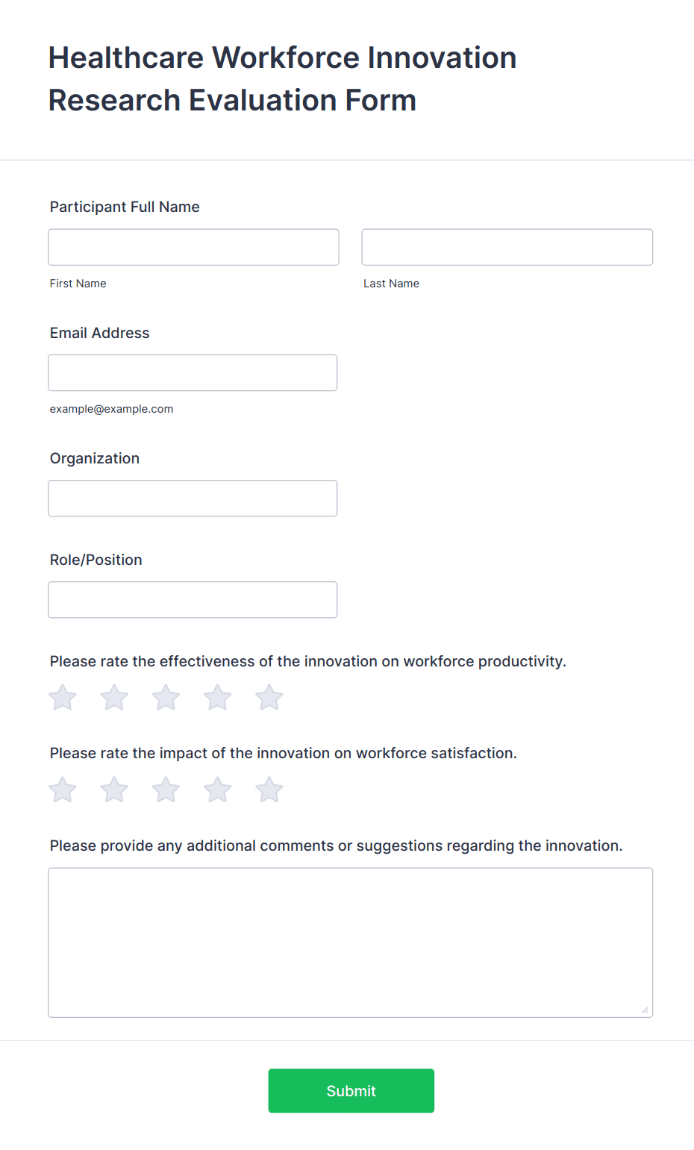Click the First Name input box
click(193, 247)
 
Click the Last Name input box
click(507, 247)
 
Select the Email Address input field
click(193, 372)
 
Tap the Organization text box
click(193, 498)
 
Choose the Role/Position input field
click(193, 599)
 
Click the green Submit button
click(351, 1090)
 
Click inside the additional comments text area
click(350, 942)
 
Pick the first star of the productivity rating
click(63, 698)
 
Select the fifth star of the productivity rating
click(269, 698)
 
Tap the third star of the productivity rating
click(166, 698)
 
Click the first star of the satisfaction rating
click(63, 790)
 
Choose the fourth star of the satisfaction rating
click(218, 790)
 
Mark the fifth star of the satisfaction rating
click(269, 790)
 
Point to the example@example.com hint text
click(111, 409)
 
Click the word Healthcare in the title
click(126, 57)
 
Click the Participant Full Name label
click(125, 207)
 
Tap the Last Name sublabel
click(391, 284)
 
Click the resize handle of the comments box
click(645, 1010)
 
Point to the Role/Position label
click(96, 560)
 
